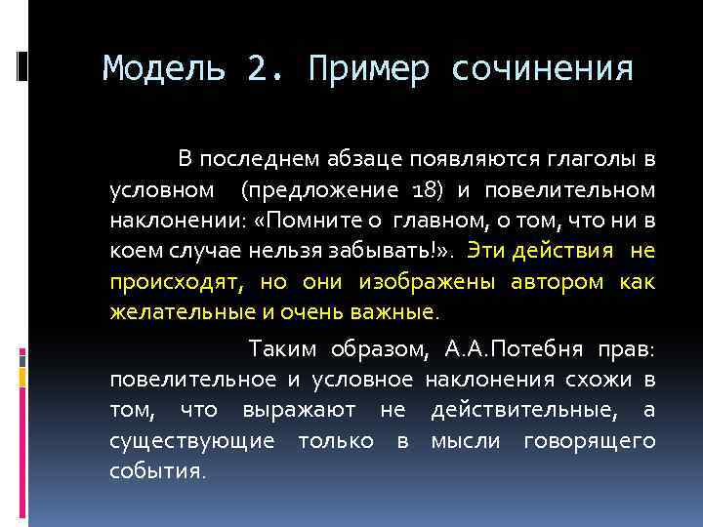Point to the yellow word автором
(x=557, y=282)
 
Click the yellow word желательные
(x=177, y=313)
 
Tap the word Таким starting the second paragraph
(x=281, y=347)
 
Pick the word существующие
(x=191, y=441)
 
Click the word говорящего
(x=589, y=441)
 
